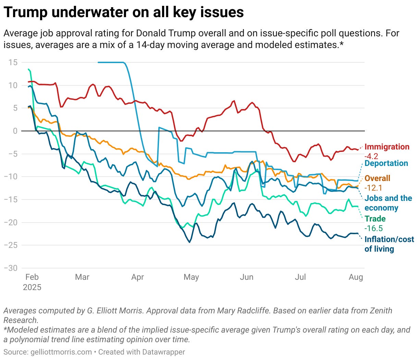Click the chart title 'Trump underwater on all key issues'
click(x=124, y=12)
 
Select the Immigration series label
click(x=387, y=147)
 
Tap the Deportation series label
click(x=386, y=163)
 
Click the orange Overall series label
click(x=377, y=178)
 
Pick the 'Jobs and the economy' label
click(x=388, y=203)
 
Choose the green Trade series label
click(x=375, y=219)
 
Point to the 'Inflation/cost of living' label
click(x=389, y=244)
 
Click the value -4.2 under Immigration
click(x=371, y=156)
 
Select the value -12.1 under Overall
click(x=373, y=188)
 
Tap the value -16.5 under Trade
click(x=373, y=228)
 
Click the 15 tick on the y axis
click(x=13, y=62)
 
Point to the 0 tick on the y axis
click(x=15, y=131)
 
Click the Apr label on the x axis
click(x=137, y=277)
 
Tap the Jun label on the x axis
click(x=246, y=277)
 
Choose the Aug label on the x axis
click(x=356, y=277)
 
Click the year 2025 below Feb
click(x=32, y=287)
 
